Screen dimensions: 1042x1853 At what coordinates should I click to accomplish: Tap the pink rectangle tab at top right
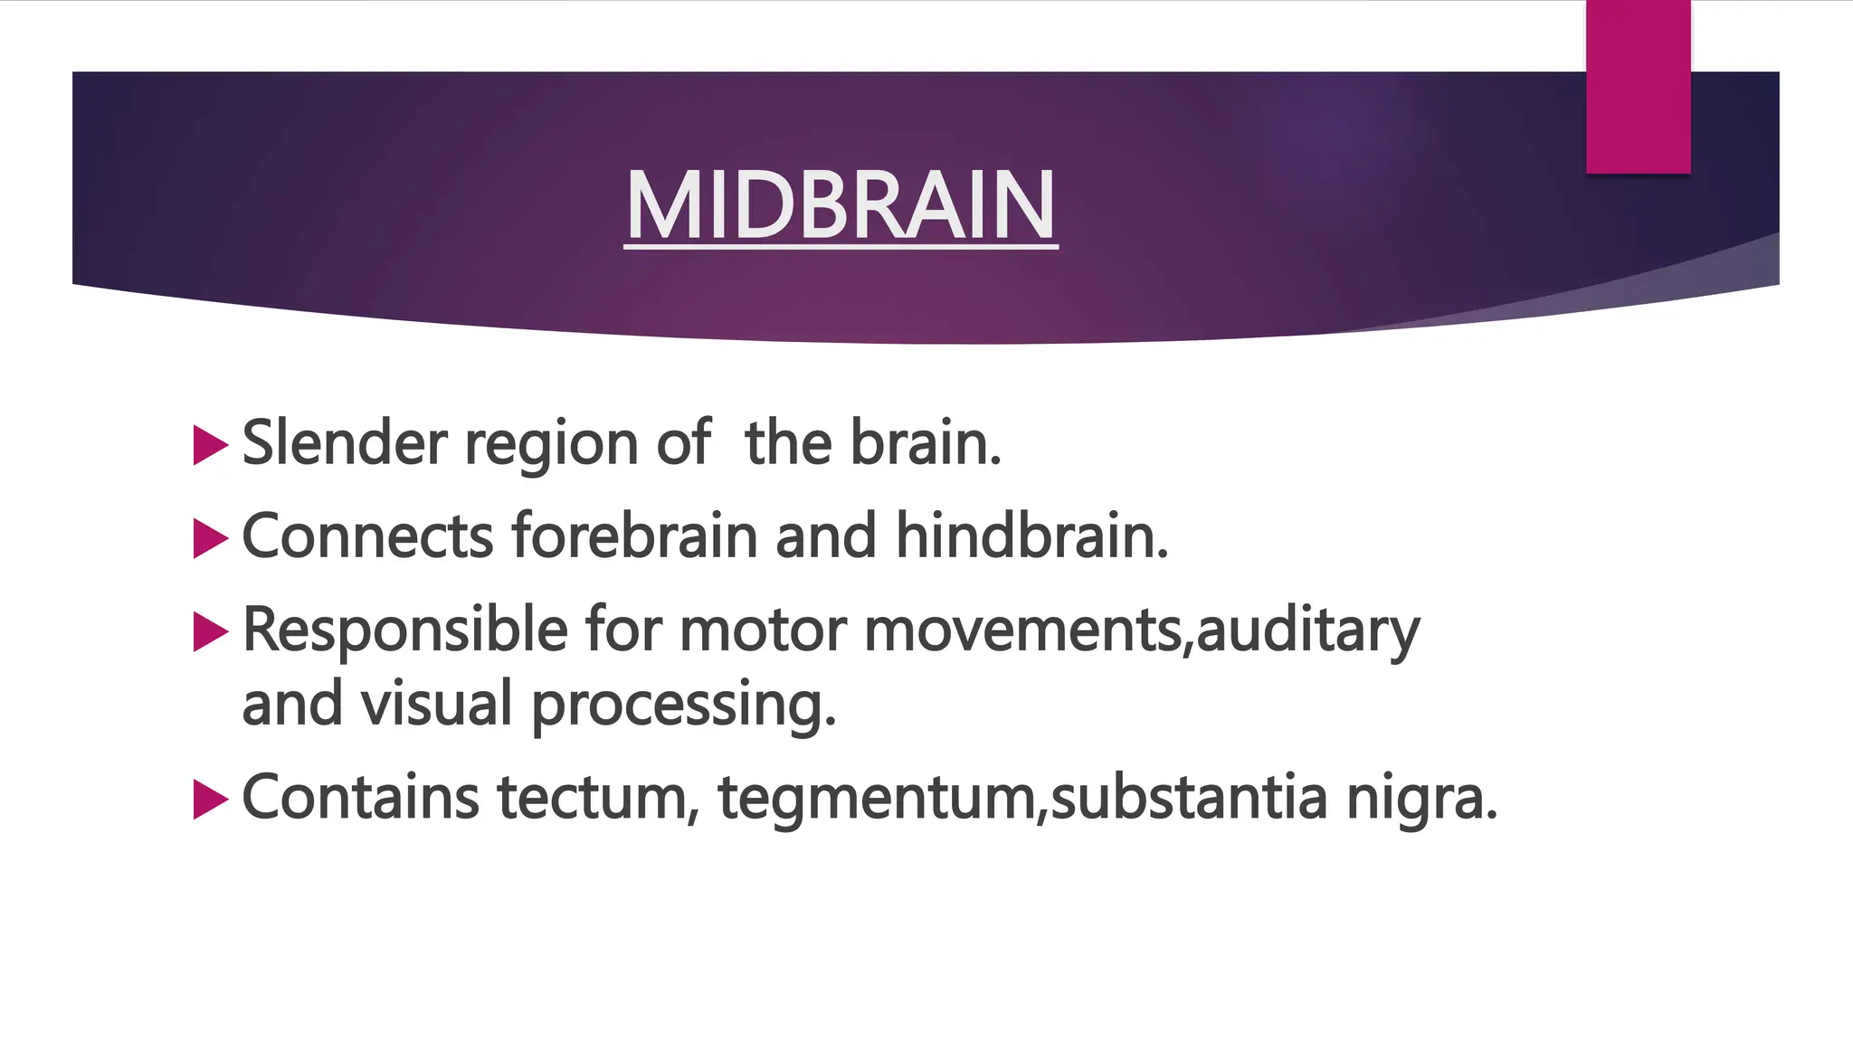[x=1638, y=87]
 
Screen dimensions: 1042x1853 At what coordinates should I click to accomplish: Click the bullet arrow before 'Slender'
[x=210, y=446]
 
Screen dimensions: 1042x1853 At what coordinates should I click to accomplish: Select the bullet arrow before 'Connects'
[x=210, y=539]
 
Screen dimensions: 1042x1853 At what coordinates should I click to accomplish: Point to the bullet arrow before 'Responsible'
[x=210, y=632]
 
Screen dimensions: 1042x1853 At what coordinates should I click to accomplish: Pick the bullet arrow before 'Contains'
[x=210, y=800]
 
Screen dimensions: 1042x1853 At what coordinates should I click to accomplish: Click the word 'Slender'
[x=345, y=443]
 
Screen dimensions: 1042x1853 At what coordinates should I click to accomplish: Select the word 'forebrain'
[x=633, y=535]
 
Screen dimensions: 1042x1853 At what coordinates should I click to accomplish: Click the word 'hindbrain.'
[x=1031, y=535]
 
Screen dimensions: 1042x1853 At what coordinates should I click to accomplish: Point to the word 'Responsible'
[x=404, y=630]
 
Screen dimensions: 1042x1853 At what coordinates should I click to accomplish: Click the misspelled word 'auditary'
[x=1307, y=631]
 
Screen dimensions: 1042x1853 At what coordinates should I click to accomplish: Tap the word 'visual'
[x=437, y=704]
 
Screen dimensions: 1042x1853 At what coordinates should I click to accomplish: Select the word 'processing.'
[x=683, y=706]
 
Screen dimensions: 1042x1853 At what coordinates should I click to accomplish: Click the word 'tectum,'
[x=598, y=798]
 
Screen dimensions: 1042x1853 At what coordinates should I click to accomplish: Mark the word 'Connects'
[x=367, y=535]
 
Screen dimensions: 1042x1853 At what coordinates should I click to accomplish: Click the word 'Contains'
[x=360, y=798]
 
